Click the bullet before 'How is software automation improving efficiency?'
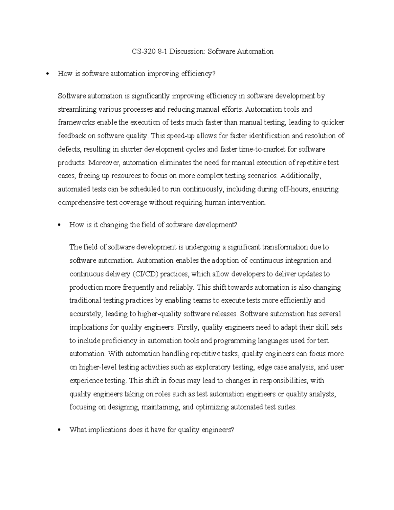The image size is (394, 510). click(48, 74)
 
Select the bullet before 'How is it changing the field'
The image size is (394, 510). click(59, 225)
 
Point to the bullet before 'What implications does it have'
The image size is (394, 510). click(59, 430)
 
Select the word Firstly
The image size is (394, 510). click(188, 327)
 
